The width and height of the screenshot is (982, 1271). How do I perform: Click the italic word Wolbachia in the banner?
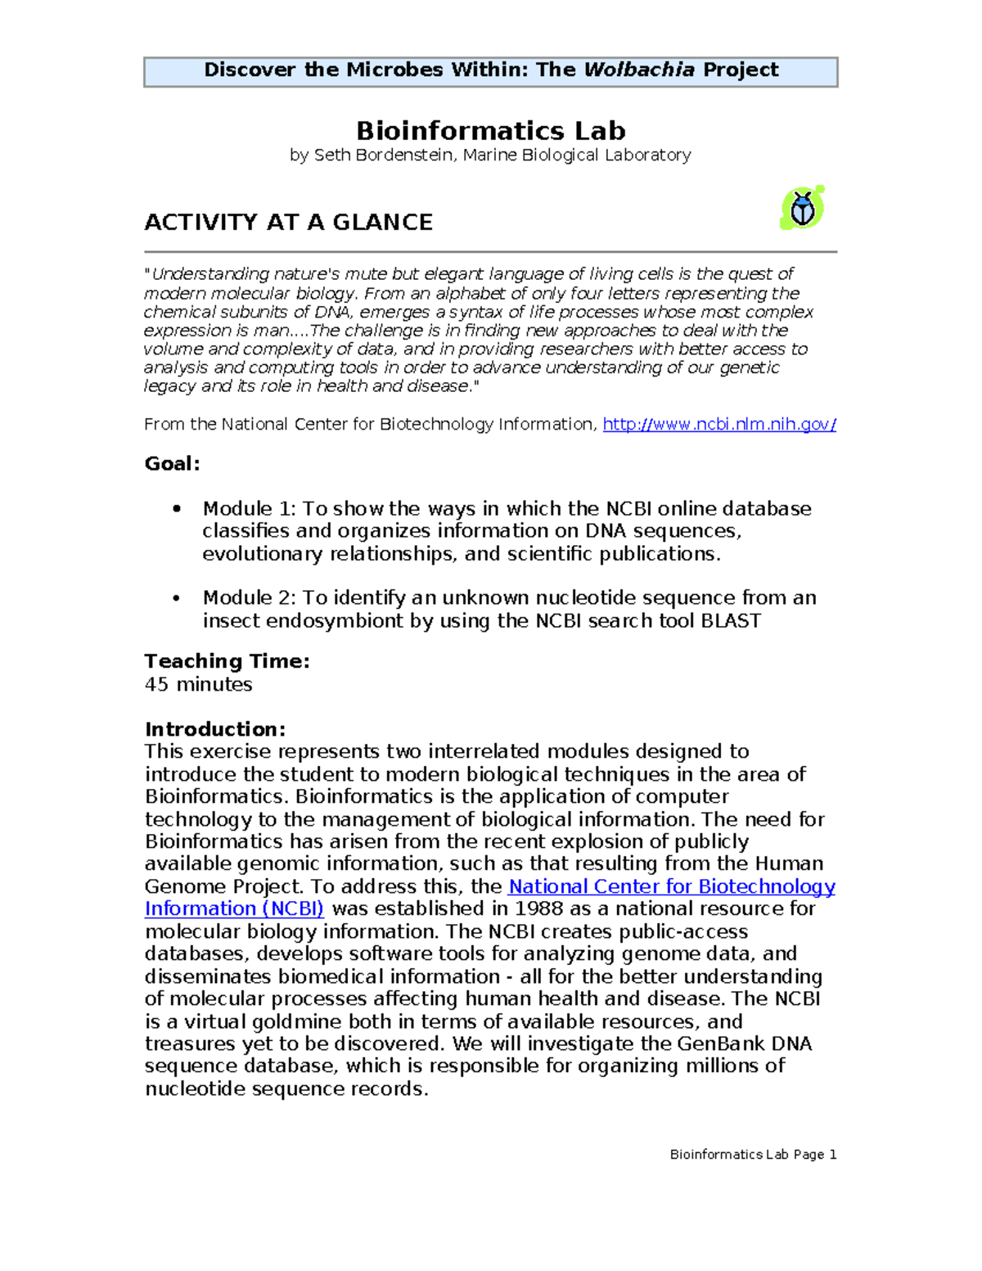(x=638, y=70)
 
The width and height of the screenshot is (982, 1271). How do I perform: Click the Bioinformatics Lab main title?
(x=490, y=131)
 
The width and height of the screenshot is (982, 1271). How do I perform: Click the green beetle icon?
(x=802, y=208)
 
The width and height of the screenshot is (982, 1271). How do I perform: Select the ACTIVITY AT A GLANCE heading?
(x=288, y=223)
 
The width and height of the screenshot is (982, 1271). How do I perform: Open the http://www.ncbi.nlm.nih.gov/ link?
(x=718, y=425)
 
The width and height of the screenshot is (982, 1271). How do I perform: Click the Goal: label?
(x=172, y=464)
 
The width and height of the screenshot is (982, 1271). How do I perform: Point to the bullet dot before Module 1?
(x=176, y=509)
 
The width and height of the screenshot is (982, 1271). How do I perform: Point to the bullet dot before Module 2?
(x=176, y=598)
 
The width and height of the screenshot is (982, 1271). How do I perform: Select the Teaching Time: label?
(x=227, y=661)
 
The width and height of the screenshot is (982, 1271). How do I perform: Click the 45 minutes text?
(x=198, y=684)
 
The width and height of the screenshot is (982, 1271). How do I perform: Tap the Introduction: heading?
(x=214, y=729)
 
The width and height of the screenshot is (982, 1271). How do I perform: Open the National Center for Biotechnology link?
(x=671, y=887)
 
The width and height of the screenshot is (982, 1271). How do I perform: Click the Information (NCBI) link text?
(x=234, y=909)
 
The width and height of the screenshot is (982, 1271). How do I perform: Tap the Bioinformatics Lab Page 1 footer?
(x=752, y=1155)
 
